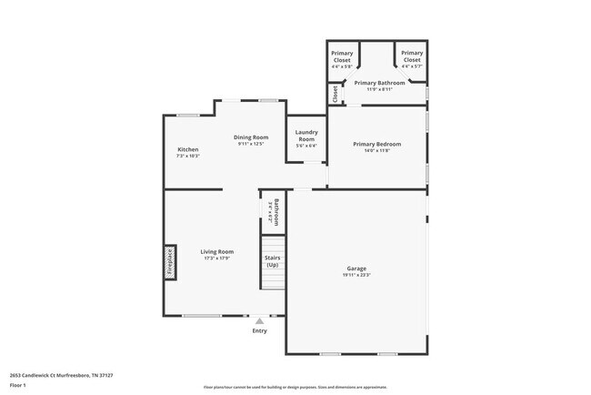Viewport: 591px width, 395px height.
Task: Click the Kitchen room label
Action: click(x=188, y=149)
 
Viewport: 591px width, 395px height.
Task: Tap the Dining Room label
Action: click(x=251, y=137)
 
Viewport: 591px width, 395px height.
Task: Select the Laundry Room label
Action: click(x=306, y=136)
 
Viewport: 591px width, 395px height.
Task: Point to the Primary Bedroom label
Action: click(x=376, y=144)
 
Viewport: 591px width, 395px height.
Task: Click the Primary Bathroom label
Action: click(x=379, y=83)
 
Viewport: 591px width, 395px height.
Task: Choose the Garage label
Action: click(x=356, y=268)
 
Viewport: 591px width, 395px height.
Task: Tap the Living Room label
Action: click(x=217, y=251)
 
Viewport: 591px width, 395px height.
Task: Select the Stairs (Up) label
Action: click(x=273, y=261)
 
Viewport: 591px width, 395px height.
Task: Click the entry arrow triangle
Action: click(x=260, y=320)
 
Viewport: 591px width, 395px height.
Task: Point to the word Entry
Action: click(x=260, y=330)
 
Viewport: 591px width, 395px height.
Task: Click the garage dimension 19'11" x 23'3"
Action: click(x=356, y=275)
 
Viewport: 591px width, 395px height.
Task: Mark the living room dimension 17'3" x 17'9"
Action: click(x=217, y=258)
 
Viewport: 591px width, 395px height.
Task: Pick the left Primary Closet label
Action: click(x=342, y=56)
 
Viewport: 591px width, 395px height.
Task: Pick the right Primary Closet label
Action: click(x=412, y=56)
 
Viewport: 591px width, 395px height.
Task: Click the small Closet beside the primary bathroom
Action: click(x=335, y=93)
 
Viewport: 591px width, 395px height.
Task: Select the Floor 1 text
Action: click(x=19, y=386)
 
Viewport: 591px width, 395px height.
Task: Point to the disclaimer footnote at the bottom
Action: click(x=295, y=388)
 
